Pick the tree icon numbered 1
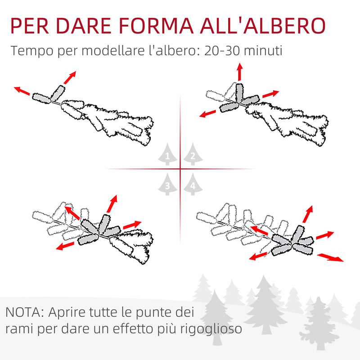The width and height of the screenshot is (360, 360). click(167, 155)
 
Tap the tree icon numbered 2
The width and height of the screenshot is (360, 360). click(193, 155)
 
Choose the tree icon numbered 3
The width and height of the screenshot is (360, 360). click(167, 184)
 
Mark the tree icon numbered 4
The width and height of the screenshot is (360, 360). click(193, 184)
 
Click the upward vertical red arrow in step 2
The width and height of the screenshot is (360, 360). click(239, 72)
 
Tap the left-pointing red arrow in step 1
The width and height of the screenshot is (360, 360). click(22, 91)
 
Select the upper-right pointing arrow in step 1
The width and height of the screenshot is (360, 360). click(69, 77)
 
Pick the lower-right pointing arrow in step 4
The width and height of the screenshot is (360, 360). click(330, 257)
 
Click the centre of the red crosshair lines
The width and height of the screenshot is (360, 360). click(180, 169)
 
